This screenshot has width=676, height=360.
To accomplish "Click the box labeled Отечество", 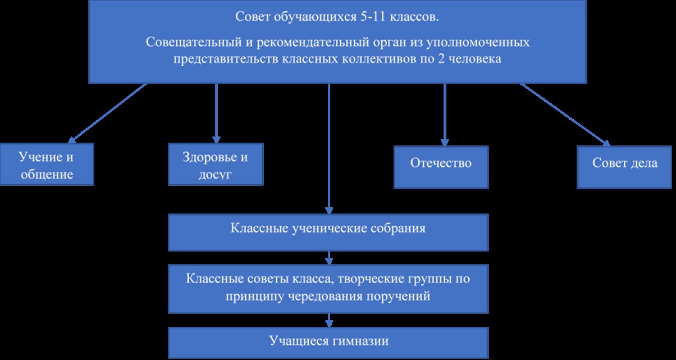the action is tap(441, 167).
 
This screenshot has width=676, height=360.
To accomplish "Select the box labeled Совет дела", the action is tap(624, 167).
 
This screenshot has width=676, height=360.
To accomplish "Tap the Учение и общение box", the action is tap(47, 164).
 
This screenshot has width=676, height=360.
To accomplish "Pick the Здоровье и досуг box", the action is tap(216, 164).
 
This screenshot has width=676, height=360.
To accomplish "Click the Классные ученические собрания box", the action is tap(328, 233).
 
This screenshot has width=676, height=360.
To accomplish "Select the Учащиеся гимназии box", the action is tap(328, 343).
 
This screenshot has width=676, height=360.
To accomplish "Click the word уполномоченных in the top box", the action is tap(478, 42).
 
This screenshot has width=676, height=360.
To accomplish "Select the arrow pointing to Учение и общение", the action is tap(107, 113).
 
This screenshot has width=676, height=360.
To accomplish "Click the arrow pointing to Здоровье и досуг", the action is tap(216, 113).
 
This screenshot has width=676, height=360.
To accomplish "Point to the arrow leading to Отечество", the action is tap(445, 115).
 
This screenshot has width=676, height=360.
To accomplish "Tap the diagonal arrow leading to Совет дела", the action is tap(565, 115).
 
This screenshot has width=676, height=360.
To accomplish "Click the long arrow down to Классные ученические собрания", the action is tap(329, 149).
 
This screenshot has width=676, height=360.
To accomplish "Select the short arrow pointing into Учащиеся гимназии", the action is tap(329, 321).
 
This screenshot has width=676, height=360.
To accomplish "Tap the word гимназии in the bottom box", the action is tap(360, 341).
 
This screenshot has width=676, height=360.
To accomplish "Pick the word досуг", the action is tap(215, 175).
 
